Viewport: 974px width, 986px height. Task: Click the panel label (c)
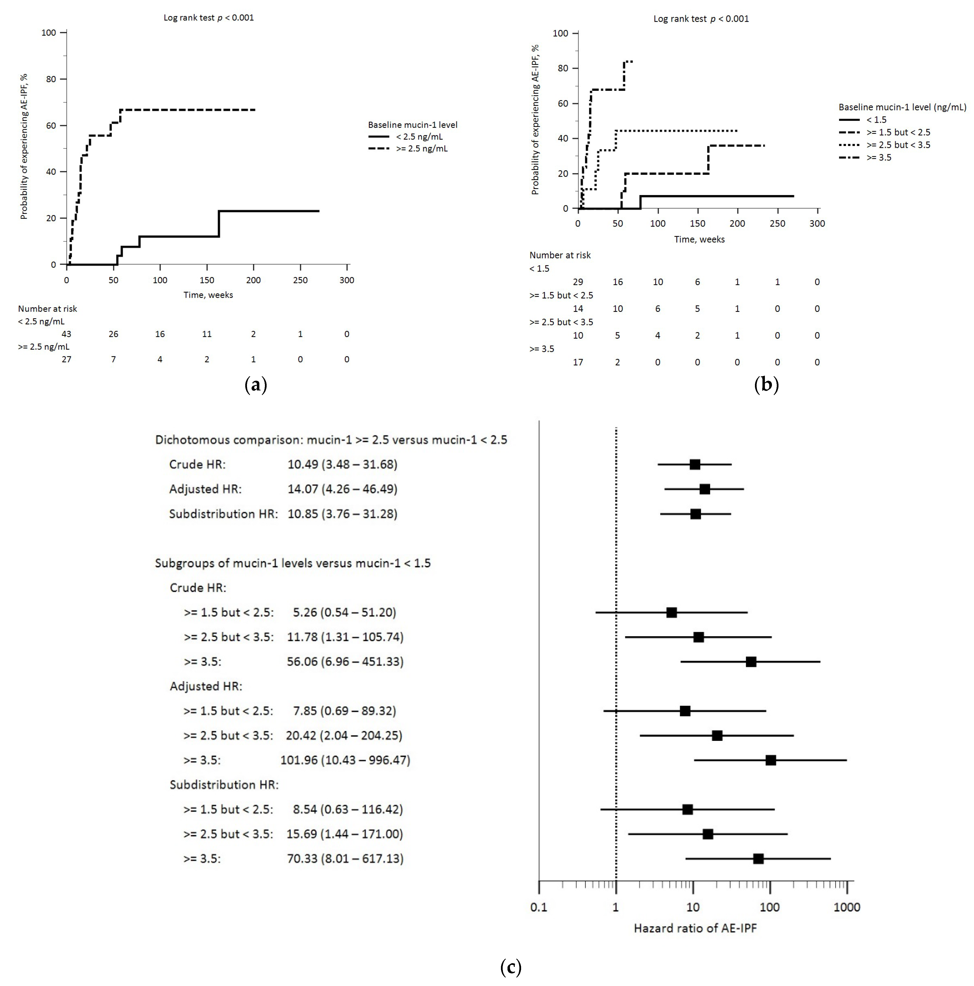pyautogui.click(x=511, y=967)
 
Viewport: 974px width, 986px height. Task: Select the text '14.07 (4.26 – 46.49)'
pyautogui.click(x=342, y=489)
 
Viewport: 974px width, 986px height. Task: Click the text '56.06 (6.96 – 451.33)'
pyautogui.click(x=344, y=662)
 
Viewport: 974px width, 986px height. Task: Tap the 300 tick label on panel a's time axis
pyautogui.click(x=347, y=280)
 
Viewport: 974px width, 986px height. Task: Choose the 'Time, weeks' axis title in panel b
pyautogui.click(x=699, y=239)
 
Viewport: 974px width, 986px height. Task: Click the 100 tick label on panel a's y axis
pyautogui.click(x=49, y=33)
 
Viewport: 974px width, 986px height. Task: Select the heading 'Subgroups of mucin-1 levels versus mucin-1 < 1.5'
pyautogui.click(x=293, y=563)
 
